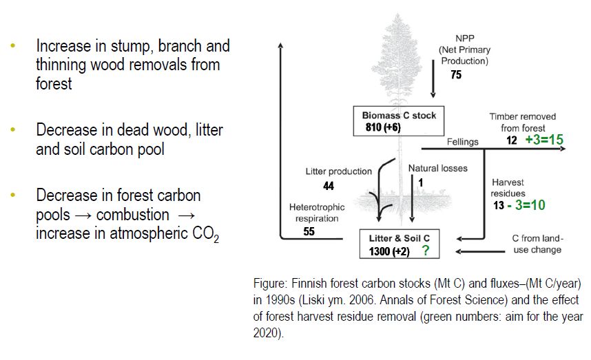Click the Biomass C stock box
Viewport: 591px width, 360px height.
[x=399, y=121]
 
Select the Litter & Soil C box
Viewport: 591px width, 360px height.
[x=400, y=244]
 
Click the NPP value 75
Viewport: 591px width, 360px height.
[x=456, y=75]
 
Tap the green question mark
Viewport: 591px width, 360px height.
[x=426, y=251]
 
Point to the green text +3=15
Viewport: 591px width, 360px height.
[x=544, y=140]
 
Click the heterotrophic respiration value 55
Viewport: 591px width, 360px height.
[x=309, y=232]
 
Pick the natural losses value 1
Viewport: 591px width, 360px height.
[x=420, y=181]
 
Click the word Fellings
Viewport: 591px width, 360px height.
[x=462, y=141]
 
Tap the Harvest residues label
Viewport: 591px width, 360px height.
[x=508, y=188]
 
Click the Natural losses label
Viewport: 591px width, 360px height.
[x=437, y=168]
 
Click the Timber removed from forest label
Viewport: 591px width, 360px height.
[x=522, y=122]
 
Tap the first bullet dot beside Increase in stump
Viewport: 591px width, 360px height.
[x=12, y=46]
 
